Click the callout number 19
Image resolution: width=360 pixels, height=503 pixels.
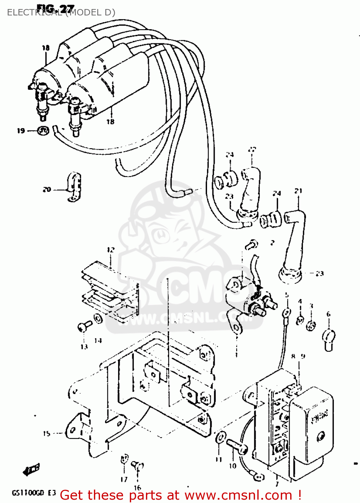point(21,131)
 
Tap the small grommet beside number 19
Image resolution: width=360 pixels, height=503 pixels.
point(43,130)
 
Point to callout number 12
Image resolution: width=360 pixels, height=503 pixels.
point(111,250)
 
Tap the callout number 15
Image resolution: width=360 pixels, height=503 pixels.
point(46,434)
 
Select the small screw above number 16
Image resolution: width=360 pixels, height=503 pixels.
point(137,465)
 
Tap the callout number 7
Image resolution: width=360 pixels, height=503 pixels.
point(277,484)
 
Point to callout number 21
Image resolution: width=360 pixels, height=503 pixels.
point(298,191)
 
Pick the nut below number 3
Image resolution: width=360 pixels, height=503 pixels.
point(311,325)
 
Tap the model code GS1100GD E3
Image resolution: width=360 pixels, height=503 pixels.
point(34,493)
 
